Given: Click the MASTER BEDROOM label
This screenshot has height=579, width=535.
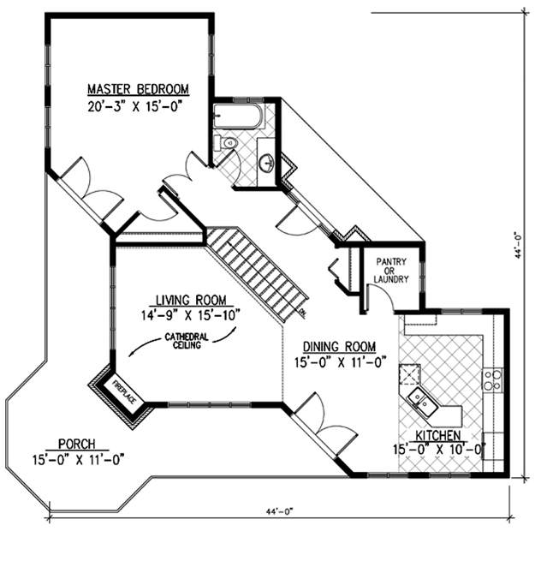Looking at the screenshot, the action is click(138, 89).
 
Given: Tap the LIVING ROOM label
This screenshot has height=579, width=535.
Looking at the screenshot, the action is click(191, 300).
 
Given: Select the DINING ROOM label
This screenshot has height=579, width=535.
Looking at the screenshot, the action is click(339, 347).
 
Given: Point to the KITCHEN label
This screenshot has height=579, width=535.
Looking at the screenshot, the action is click(438, 436).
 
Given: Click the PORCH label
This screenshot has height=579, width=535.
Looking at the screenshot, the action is click(77, 444).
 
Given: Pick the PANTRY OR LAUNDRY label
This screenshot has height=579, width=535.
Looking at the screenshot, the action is click(391, 271).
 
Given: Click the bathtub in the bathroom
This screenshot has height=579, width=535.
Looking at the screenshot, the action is click(238, 116).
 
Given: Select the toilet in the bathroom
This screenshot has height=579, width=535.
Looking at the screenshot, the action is click(225, 142).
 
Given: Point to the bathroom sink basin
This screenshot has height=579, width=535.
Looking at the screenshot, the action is click(266, 163).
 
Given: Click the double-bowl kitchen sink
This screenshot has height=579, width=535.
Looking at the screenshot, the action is click(423, 402).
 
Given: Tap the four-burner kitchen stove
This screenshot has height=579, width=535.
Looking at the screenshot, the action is click(492, 380).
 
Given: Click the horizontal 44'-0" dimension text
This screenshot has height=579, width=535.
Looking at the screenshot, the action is click(279, 511).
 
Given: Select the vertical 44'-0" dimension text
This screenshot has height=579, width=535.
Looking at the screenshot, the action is click(518, 245).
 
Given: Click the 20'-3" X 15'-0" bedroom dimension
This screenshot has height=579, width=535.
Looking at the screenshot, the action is click(135, 106).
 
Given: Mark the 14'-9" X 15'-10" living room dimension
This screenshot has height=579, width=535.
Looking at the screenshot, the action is click(191, 315).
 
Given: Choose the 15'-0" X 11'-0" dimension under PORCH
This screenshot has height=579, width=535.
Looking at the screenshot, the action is click(78, 460).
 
